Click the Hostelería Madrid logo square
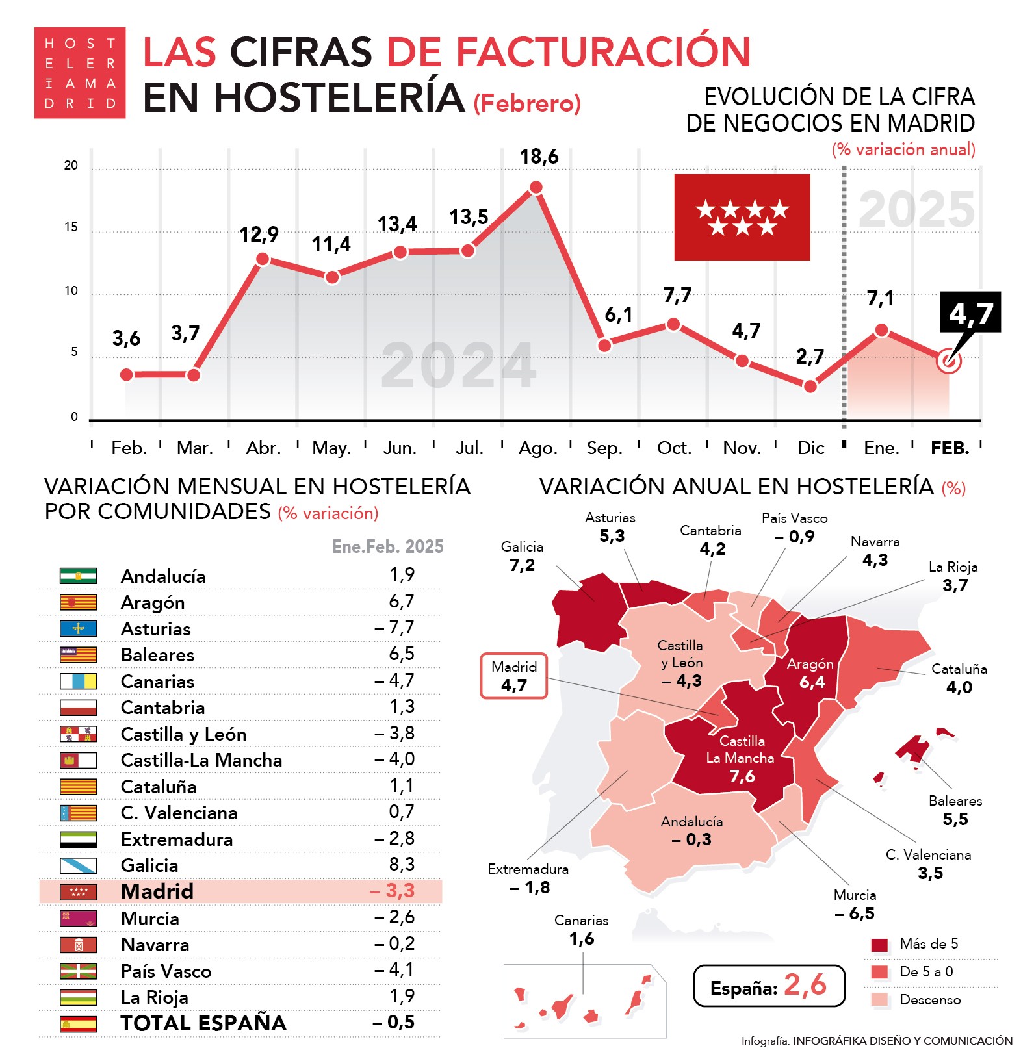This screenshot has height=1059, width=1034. (79, 73)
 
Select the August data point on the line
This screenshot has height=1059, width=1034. (536, 188)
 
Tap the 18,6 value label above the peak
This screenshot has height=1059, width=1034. (539, 157)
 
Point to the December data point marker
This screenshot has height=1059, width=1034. (810, 387)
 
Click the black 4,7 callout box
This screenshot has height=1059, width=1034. (970, 313)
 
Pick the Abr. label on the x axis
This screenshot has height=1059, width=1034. (263, 448)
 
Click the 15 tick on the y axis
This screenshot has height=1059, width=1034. (71, 227)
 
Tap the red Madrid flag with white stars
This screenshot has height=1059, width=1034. (742, 217)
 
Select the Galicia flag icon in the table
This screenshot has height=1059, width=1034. (78, 865)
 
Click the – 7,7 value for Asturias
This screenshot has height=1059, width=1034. (394, 628)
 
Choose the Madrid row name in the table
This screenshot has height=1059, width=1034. (157, 891)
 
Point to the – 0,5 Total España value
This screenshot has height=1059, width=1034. (394, 1023)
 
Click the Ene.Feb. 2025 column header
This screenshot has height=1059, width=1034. (387, 546)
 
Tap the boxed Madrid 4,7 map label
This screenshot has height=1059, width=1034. (513, 676)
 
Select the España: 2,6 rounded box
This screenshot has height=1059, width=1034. (769, 986)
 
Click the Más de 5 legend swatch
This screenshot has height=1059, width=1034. (879, 945)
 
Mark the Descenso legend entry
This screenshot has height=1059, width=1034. (929, 1000)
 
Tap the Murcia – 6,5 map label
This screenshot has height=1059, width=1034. (855, 904)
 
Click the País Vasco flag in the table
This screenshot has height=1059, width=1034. (78, 971)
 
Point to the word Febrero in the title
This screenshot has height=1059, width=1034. (527, 104)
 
